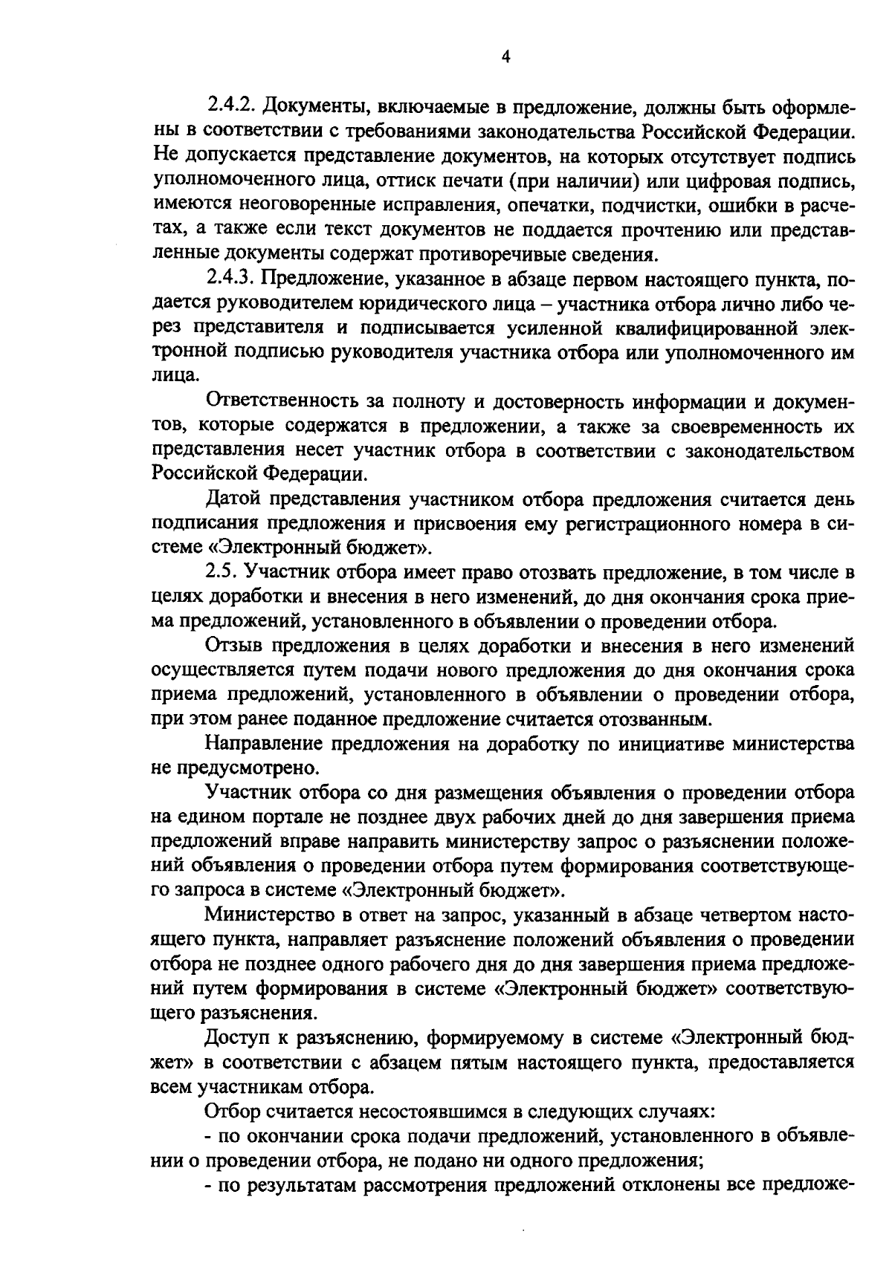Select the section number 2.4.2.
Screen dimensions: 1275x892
(231, 108)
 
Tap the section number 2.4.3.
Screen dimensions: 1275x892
(231, 280)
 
